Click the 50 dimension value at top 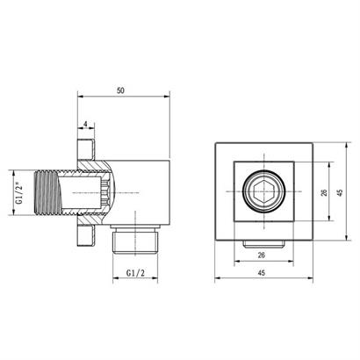click(x=120, y=90)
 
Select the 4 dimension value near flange click(x=85, y=124)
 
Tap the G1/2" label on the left click(x=18, y=192)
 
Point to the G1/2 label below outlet click(x=135, y=273)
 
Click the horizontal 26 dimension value click(x=262, y=256)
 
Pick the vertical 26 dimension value click(x=324, y=192)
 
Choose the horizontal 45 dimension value click(x=262, y=273)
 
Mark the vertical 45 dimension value click(x=340, y=192)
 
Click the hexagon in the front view click(x=264, y=191)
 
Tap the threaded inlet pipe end click(x=48, y=192)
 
